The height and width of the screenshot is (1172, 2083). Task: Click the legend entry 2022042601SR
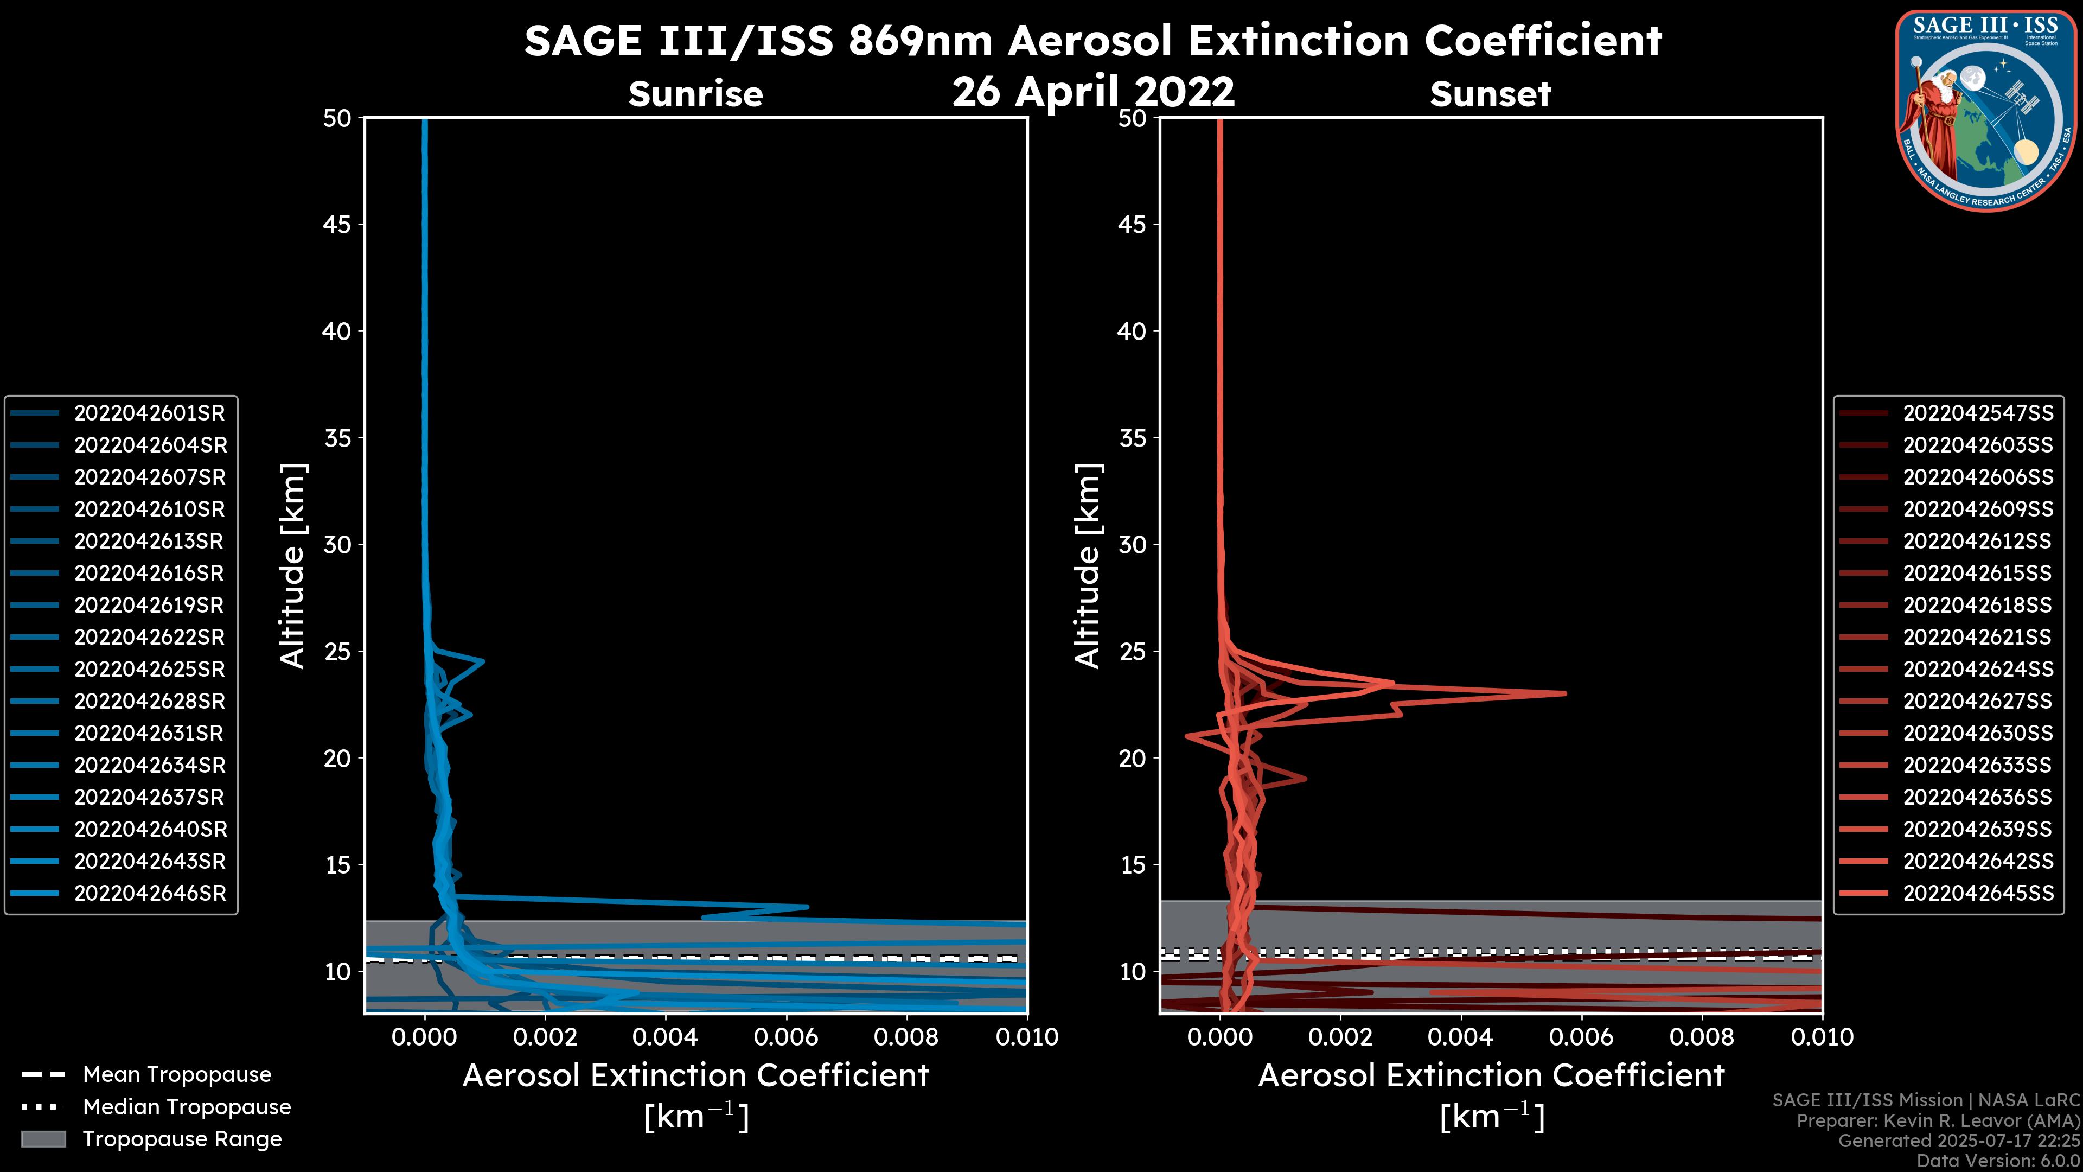click(x=149, y=413)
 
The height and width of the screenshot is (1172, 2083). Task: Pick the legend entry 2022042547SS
click(x=1977, y=413)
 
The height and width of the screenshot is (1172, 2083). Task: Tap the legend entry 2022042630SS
click(x=1977, y=734)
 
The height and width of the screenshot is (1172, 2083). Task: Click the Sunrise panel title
click(x=695, y=94)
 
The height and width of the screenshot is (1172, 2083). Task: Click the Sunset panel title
click(x=1490, y=94)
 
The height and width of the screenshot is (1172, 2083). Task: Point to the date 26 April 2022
click(x=1093, y=91)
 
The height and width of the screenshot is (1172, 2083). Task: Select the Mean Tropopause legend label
click(x=177, y=1074)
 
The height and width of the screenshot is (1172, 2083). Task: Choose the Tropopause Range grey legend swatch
click(x=43, y=1139)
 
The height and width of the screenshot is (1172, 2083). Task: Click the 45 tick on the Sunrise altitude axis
click(x=337, y=225)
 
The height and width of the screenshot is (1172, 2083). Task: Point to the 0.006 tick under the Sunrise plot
click(x=785, y=1037)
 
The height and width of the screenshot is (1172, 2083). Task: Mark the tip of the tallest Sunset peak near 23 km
click(x=1566, y=693)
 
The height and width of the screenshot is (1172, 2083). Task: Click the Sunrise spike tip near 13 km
click(x=807, y=907)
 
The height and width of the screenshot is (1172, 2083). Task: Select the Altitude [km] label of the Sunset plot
click(x=1088, y=566)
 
